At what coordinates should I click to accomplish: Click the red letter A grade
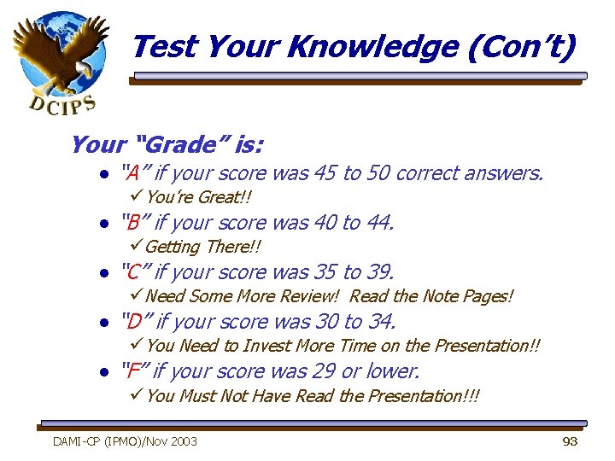pyautogui.click(x=132, y=173)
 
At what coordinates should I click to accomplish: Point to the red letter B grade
pyautogui.click(x=132, y=223)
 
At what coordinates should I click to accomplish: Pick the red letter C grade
pyautogui.click(x=132, y=272)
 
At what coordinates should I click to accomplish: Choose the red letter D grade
pyautogui.click(x=133, y=322)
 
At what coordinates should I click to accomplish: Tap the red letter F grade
pyautogui.click(x=132, y=371)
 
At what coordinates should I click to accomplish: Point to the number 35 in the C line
pyautogui.click(x=324, y=272)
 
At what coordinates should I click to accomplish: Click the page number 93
pyautogui.click(x=570, y=441)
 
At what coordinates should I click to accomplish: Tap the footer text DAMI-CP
pyautogui.click(x=78, y=441)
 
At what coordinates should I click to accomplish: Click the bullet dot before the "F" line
pyautogui.click(x=102, y=372)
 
